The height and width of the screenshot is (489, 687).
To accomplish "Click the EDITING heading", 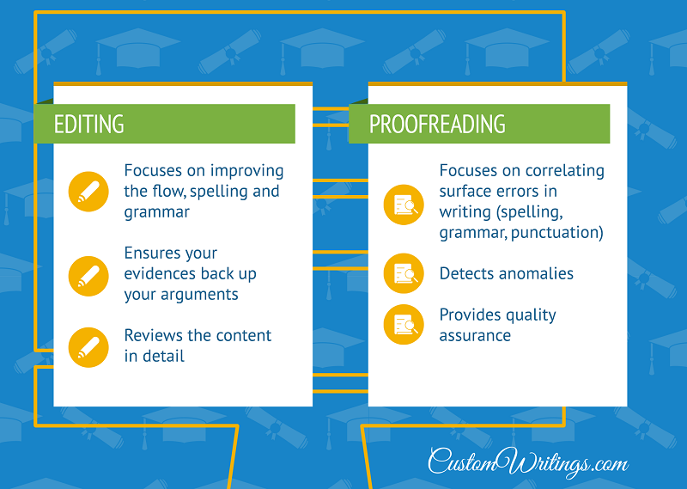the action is pyautogui.click(x=89, y=124).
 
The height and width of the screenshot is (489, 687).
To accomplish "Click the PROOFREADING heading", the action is pyautogui.click(x=437, y=124).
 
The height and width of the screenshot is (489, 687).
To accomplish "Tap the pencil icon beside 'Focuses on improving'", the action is pyautogui.click(x=88, y=192).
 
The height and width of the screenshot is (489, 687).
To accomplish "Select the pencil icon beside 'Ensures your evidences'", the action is pyautogui.click(x=88, y=276).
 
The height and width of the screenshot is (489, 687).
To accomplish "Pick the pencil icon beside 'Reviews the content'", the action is pyautogui.click(x=88, y=347).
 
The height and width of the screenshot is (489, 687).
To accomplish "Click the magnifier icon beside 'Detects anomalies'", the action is pyautogui.click(x=404, y=273).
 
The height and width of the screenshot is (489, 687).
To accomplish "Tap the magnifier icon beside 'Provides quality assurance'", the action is pyautogui.click(x=404, y=325).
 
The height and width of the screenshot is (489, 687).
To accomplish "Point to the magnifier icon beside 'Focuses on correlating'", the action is pyautogui.click(x=404, y=205).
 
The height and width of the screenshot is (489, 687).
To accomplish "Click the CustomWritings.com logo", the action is pyautogui.click(x=528, y=462).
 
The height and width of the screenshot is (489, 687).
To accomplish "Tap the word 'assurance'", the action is pyautogui.click(x=475, y=336).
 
